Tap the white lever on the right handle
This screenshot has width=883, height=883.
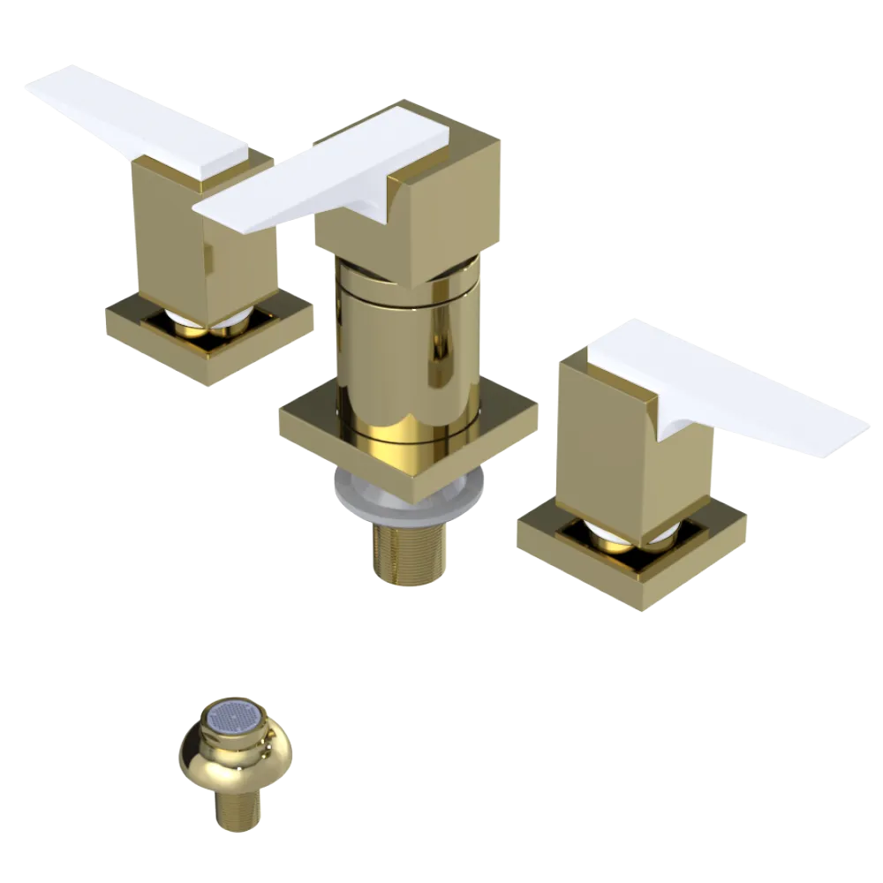coord(733,389)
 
